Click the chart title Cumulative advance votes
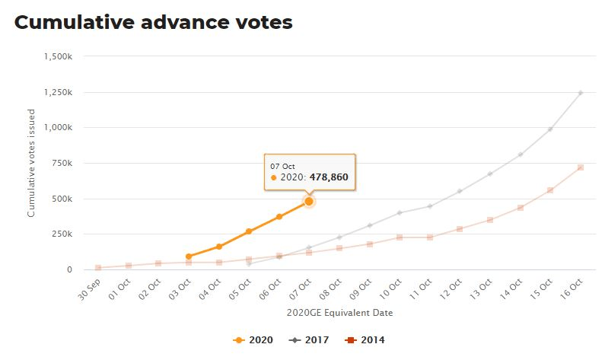pyautogui.click(x=153, y=23)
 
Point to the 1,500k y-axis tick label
pyautogui.click(x=58, y=56)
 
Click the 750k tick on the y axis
pyautogui.click(x=61, y=163)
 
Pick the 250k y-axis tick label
pyautogui.click(x=61, y=234)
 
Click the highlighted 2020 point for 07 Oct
pyautogui.click(x=309, y=201)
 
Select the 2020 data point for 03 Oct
pyautogui.click(x=189, y=256)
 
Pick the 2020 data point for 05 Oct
pyautogui.click(x=249, y=231)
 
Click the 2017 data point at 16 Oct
pyautogui.click(x=581, y=93)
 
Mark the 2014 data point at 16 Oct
pyautogui.click(x=581, y=167)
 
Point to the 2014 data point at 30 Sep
pyautogui.click(x=98, y=267)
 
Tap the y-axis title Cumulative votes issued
pyautogui.click(x=32, y=163)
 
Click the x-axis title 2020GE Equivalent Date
pyautogui.click(x=339, y=312)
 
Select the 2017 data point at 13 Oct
pyautogui.click(x=490, y=174)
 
